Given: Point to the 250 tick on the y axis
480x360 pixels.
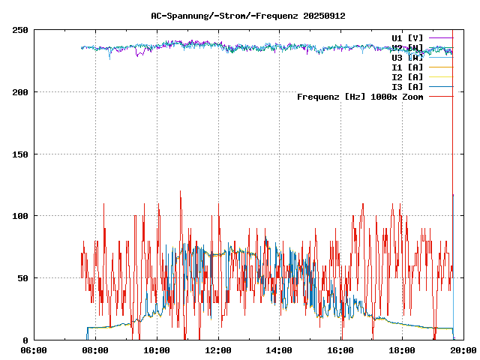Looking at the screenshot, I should (20, 30).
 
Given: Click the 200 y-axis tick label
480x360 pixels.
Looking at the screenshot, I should (20, 92).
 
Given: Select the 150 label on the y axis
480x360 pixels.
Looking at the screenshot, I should (20, 154).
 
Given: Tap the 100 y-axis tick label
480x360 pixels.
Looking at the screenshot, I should (20, 216).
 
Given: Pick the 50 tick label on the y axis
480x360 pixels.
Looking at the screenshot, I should (22, 278).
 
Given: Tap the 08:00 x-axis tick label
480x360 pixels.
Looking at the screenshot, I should (95, 350).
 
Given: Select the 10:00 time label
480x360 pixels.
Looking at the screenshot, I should (157, 350).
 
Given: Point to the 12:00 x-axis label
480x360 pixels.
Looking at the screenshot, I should (218, 350).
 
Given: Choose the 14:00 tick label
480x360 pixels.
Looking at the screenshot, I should (280, 350).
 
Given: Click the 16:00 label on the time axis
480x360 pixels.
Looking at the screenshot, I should (341, 350).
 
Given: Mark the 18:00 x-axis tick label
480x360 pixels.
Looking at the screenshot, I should (403, 350).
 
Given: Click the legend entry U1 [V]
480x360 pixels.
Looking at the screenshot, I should (407, 37).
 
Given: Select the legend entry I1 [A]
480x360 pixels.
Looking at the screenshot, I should (407, 67).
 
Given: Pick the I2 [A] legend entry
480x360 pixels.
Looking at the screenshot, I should (407, 76).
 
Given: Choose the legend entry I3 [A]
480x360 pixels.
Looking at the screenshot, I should (407, 86).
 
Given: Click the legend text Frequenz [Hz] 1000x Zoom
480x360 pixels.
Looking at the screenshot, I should (360, 97).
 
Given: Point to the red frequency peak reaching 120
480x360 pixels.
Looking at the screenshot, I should (180, 192).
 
